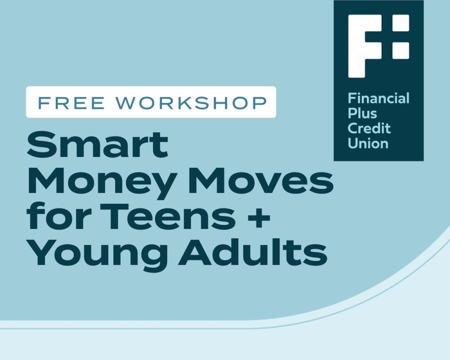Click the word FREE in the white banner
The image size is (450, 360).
72,103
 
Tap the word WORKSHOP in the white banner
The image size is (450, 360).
191,103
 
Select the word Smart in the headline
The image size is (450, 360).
97,145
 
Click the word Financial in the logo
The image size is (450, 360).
378,98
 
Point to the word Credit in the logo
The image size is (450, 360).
369,128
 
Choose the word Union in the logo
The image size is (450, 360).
368,143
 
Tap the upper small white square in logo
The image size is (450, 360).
400,23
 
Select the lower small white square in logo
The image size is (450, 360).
400,50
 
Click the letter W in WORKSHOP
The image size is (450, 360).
126,103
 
